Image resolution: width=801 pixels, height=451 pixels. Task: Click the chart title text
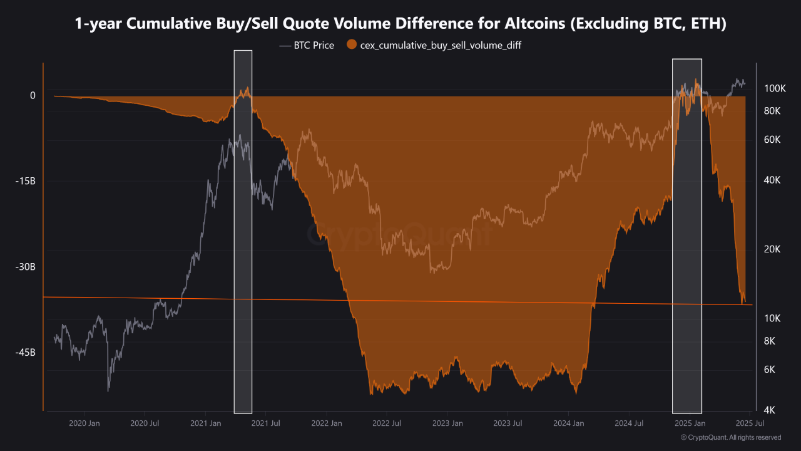[x=400, y=24]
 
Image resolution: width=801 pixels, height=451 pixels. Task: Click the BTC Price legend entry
[x=307, y=45]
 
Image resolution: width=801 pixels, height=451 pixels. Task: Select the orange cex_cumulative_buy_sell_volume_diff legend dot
[x=352, y=45]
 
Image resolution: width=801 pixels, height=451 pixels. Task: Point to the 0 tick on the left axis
[x=33, y=95]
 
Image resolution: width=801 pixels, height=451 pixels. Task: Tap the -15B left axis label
[x=25, y=181]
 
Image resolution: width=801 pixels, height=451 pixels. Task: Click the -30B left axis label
[x=25, y=267]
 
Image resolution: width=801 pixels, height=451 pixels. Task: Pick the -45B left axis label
[x=25, y=353]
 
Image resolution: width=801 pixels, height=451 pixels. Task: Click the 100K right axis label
[x=775, y=88]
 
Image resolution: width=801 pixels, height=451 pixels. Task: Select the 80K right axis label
[x=772, y=111]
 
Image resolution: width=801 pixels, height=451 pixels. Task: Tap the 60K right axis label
[x=772, y=140]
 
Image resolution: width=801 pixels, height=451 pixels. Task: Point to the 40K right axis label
[x=772, y=180]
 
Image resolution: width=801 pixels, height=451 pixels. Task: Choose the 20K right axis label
[x=772, y=249]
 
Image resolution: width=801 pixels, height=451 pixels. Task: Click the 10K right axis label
[x=772, y=318]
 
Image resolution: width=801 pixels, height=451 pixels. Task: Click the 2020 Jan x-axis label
[x=84, y=423]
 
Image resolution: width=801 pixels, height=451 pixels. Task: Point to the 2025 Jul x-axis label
[x=749, y=423]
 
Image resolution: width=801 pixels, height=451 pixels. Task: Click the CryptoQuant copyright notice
[x=730, y=437]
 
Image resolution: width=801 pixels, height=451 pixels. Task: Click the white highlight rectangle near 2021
[x=243, y=232]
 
